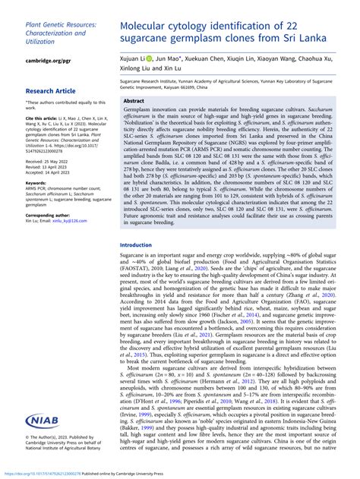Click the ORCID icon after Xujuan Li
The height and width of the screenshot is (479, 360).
click(x=150, y=58)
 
